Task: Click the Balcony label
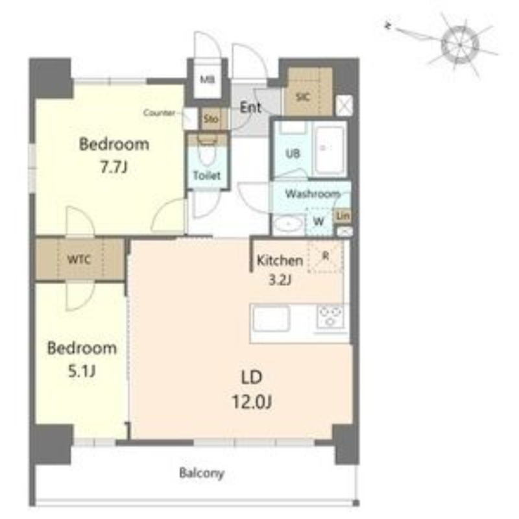coord(202,473)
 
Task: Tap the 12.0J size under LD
coord(252,402)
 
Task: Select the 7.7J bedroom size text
coord(114,167)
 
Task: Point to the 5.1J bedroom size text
coord(82,371)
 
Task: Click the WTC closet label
coord(78,259)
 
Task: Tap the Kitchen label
coord(280,261)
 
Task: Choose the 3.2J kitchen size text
coord(280,280)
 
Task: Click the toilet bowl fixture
coord(207,151)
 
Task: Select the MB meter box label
coord(207,79)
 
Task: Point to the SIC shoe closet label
coord(303,97)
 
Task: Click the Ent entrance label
coord(250,107)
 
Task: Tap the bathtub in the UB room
coord(330,150)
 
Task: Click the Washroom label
coord(313,193)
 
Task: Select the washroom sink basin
coord(289,224)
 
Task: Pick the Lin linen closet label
coord(343,216)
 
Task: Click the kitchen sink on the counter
coord(271,319)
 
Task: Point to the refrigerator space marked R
coord(326,256)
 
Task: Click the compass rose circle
coord(460,44)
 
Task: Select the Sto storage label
coord(211,119)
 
